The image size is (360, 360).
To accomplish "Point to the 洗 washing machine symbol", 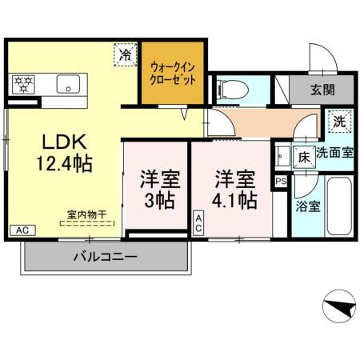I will coord(339,122).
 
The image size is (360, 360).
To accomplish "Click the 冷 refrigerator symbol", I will coord(126,55).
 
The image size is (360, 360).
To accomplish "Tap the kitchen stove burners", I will coord(23,83).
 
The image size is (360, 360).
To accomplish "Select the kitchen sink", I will coord(67,84).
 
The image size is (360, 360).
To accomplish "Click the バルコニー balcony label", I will coord(106,258).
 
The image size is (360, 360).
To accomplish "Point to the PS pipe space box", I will coord(279,182).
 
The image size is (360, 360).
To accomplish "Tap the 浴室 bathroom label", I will coord(307,206).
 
